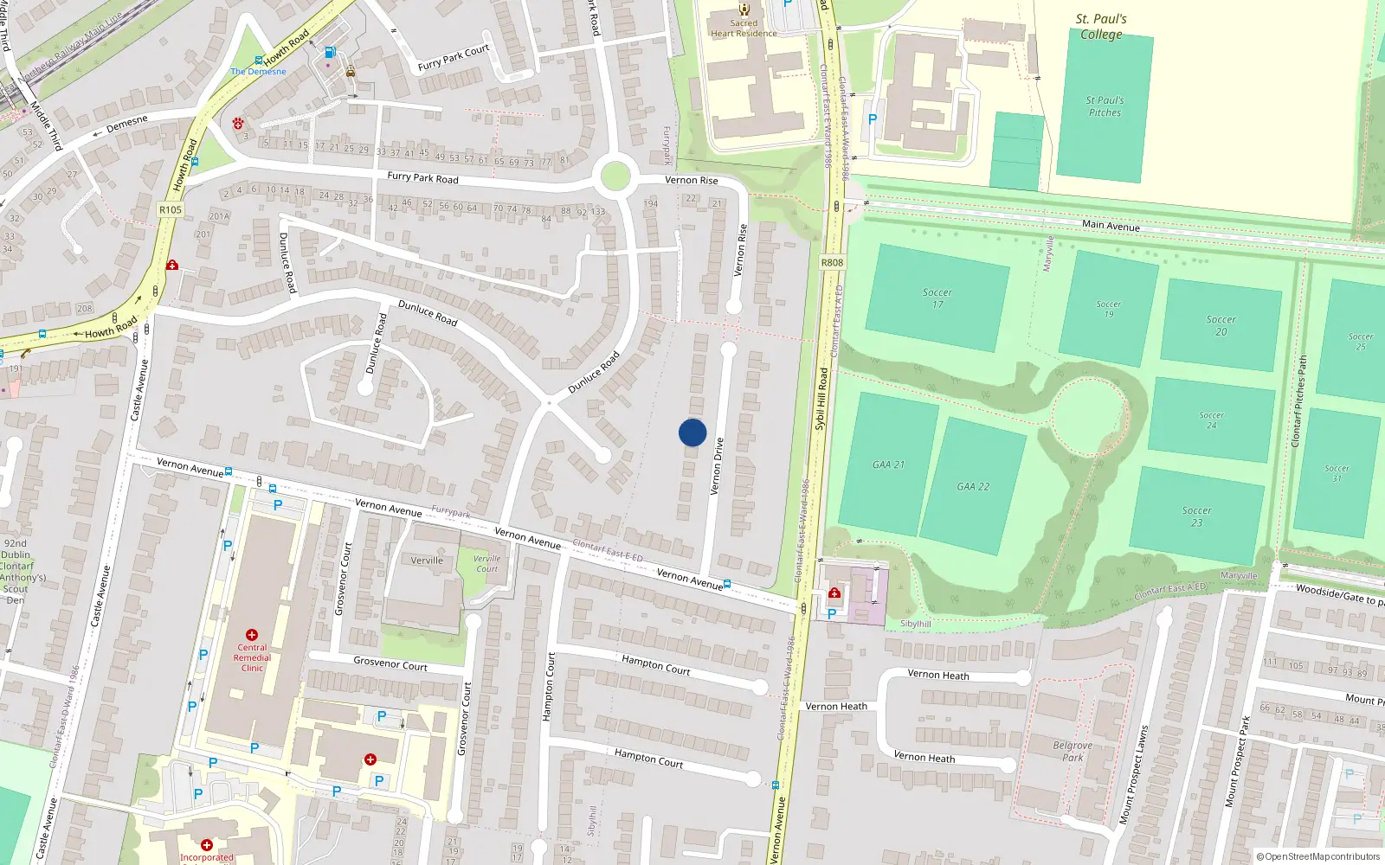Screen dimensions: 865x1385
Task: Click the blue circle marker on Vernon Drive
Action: pos(692,432)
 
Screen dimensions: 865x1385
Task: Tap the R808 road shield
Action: pos(832,262)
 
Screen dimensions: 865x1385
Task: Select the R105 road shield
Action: pos(171,209)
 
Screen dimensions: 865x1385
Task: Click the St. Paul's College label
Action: pos(1101,26)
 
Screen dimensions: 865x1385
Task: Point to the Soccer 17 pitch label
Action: pos(937,298)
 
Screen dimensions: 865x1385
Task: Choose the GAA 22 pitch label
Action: pos(973,487)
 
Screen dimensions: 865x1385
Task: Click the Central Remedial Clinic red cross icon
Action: pos(252,635)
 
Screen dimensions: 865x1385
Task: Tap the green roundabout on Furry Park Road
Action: pos(615,176)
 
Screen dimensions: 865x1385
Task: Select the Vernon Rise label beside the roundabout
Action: pos(691,180)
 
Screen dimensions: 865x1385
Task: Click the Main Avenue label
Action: pos(1111,225)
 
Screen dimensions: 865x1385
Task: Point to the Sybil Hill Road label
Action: pos(821,400)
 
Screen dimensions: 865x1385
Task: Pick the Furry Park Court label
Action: pos(454,58)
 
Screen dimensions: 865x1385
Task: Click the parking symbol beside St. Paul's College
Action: pos(873,119)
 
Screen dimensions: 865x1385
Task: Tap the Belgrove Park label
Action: pos(1073,751)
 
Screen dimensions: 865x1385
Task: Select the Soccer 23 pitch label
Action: pos(1196,516)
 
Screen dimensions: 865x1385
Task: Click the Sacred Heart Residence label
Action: pos(744,29)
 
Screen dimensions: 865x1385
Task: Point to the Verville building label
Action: pos(427,561)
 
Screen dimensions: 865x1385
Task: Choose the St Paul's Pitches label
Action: pos(1105,106)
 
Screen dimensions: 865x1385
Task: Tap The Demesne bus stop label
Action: pos(258,71)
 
